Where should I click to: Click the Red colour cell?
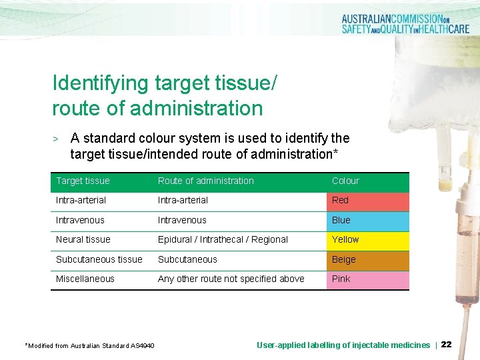pyautogui.click(x=367, y=201)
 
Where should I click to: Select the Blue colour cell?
pyautogui.click(x=367, y=221)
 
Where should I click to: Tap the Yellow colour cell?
pyautogui.click(x=367, y=240)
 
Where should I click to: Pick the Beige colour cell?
pyautogui.click(x=367, y=260)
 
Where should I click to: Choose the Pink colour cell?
pyautogui.click(x=367, y=279)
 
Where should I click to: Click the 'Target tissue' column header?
pyautogui.click(x=83, y=181)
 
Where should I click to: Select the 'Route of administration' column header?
pyautogui.click(x=205, y=181)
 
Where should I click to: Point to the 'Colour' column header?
pyautogui.click(x=345, y=181)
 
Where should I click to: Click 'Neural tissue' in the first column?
pyautogui.click(x=83, y=240)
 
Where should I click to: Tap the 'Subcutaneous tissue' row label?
pyautogui.click(x=99, y=260)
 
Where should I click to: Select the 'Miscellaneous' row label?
pyautogui.click(x=85, y=279)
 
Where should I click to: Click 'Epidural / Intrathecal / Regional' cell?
pyautogui.click(x=223, y=240)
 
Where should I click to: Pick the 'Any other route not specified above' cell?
pyautogui.click(x=231, y=279)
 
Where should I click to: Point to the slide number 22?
pyautogui.click(x=447, y=345)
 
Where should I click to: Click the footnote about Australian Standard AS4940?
pyautogui.click(x=89, y=345)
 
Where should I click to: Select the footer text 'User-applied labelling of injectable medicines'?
pyautogui.click(x=343, y=345)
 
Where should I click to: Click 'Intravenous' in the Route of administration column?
pyautogui.click(x=182, y=221)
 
